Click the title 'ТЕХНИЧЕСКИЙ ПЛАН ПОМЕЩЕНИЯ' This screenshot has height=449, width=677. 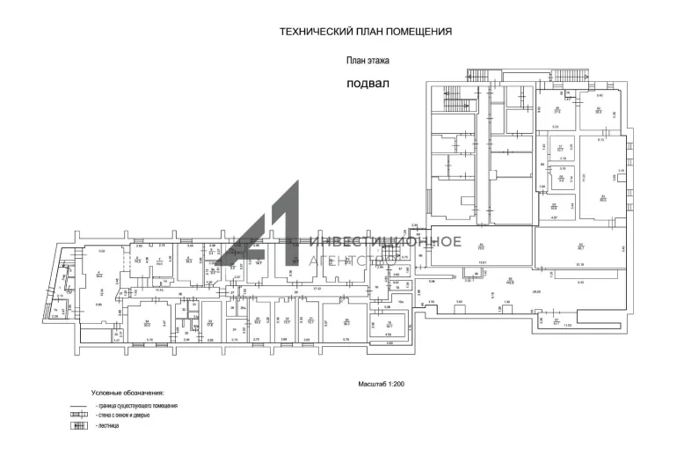tap(365, 31)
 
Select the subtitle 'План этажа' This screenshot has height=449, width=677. tap(365, 61)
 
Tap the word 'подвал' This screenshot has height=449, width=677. tap(368, 84)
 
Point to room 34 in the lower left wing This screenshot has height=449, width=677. tap(149, 320)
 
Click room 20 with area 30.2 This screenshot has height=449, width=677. tap(333, 320)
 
